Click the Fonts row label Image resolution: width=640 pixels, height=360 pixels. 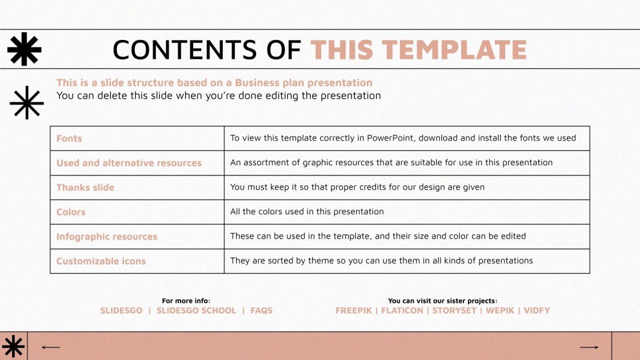(x=69, y=138)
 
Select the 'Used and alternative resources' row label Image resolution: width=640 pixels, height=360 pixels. (x=129, y=163)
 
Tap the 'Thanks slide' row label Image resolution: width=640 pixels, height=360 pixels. (x=85, y=187)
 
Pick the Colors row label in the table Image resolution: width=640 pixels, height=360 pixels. (x=71, y=212)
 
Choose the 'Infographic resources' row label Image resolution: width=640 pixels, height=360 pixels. (x=106, y=237)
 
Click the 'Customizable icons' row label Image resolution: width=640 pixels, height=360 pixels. (x=101, y=261)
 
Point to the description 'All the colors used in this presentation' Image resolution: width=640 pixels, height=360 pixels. (x=307, y=211)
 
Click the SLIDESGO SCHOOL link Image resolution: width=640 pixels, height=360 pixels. (x=196, y=311)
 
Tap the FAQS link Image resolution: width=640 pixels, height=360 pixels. (x=261, y=311)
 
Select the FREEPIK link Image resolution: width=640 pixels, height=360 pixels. (x=353, y=311)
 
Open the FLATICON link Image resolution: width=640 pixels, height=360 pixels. (x=402, y=311)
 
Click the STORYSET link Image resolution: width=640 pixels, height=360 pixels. (x=454, y=311)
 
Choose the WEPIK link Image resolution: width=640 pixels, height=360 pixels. (x=499, y=311)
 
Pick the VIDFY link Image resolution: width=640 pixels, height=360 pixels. (x=537, y=311)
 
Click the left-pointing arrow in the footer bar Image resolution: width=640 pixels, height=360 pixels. (x=51, y=347)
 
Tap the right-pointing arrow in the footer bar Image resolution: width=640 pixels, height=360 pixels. (x=589, y=347)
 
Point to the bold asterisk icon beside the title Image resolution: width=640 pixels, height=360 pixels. (x=24, y=49)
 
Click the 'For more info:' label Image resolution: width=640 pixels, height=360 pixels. (x=186, y=301)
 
